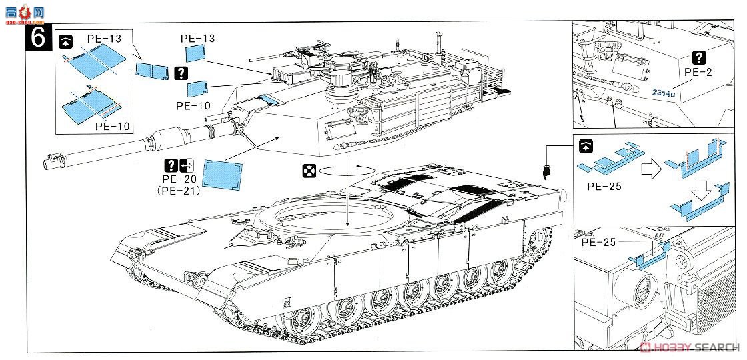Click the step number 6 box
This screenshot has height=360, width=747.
pos(37,38)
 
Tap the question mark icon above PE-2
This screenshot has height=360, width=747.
pos(698,57)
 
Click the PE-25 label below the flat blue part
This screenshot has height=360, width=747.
pos(605,186)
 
